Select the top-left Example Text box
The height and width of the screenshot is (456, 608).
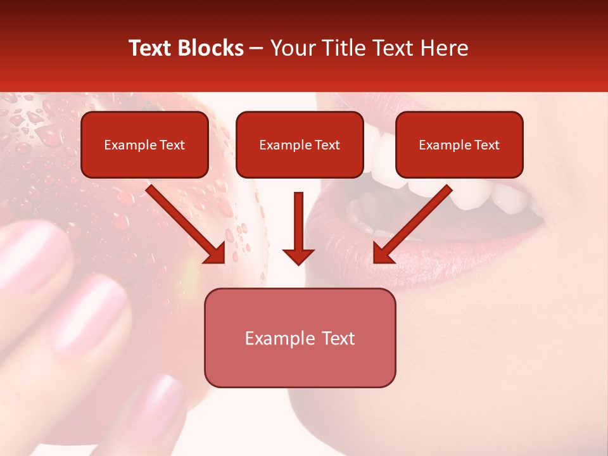point(144,144)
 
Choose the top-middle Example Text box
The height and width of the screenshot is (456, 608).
point(300,144)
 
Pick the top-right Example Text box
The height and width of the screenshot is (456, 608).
point(459,144)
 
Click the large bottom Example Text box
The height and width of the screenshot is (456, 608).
point(300,338)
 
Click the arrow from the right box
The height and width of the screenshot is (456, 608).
point(411,225)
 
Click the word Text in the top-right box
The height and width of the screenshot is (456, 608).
point(487,145)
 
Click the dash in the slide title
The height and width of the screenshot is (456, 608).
point(256,48)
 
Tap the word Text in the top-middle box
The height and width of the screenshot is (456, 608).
point(327,145)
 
